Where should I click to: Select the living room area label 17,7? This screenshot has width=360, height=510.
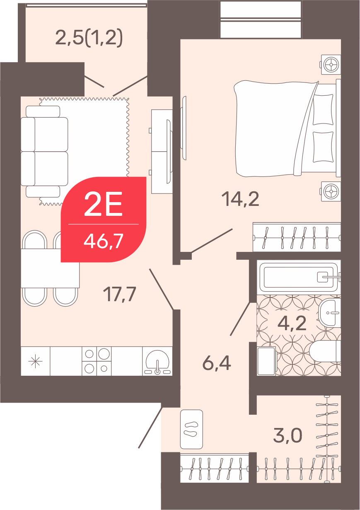tap(119, 295)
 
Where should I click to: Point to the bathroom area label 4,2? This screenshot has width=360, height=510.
tap(292, 323)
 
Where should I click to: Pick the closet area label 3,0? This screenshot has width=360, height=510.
tap(288, 435)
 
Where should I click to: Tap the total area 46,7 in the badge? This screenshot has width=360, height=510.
tap(104, 242)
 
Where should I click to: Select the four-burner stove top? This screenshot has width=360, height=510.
tap(97, 361)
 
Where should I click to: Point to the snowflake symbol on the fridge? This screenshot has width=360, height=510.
tap(35, 361)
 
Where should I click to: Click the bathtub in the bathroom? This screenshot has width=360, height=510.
tap(299, 277)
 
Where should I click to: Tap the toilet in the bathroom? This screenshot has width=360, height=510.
tap(325, 352)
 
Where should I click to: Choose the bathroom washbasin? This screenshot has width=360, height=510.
tap(330, 312)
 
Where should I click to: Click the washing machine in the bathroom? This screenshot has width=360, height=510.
tap(267, 361)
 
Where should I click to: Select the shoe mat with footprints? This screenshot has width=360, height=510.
tap(191, 429)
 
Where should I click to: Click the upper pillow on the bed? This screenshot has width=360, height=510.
tap(322, 109)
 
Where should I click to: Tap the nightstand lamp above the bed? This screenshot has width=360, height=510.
tap(331, 65)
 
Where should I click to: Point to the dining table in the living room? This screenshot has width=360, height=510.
tap(50, 268)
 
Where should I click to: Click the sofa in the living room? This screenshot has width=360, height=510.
tap(44, 151)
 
